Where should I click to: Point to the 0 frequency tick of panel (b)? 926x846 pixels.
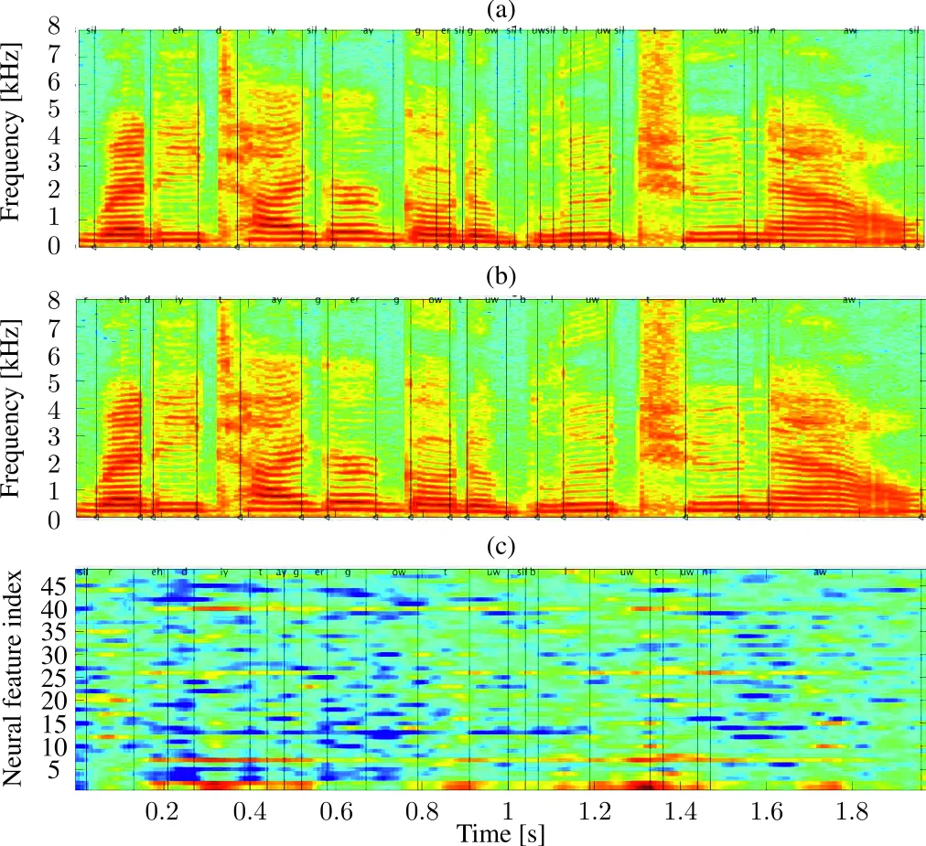tap(57, 519)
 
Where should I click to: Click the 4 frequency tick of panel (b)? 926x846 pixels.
tap(57, 409)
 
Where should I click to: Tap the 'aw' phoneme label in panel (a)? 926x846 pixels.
tap(850, 31)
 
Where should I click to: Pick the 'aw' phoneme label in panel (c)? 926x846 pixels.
tap(820, 573)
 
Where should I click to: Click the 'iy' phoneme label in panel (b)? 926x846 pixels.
tap(179, 300)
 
